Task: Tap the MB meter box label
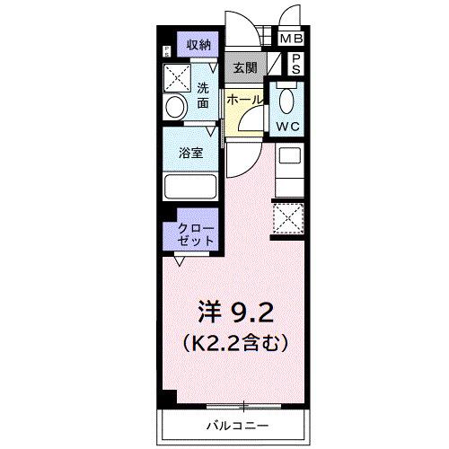pyautogui.click(x=291, y=40)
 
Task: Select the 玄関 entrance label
pyautogui.click(x=245, y=66)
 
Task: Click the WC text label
pyautogui.click(x=288, y=127)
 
